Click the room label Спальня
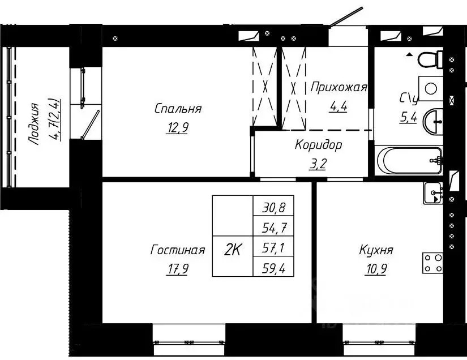pyautogui.click(x=178, y=109)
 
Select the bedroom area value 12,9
pyautogui.click(x=178, y=128)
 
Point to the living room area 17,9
pyautogui.click(x=177, y=269)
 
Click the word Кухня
pyautogui.click(x=376, y=250)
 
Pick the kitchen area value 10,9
pyautogui.click(x=376, y=269)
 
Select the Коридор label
pyautogui.click(x=318, y=145)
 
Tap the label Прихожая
pyautogui.click(x=339, y=87)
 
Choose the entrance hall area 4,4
pyautogui.click(x=338, y=107)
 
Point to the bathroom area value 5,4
pyautogui.click(x=408, y=119)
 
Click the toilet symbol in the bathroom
pyautogui.click(x=432, y=58)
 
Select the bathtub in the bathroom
pyautogui.click(x=408, y=160)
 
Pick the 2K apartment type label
pyautogui.click(x=233, y=249)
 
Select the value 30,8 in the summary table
pyautogui.click(x=274, y=208)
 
